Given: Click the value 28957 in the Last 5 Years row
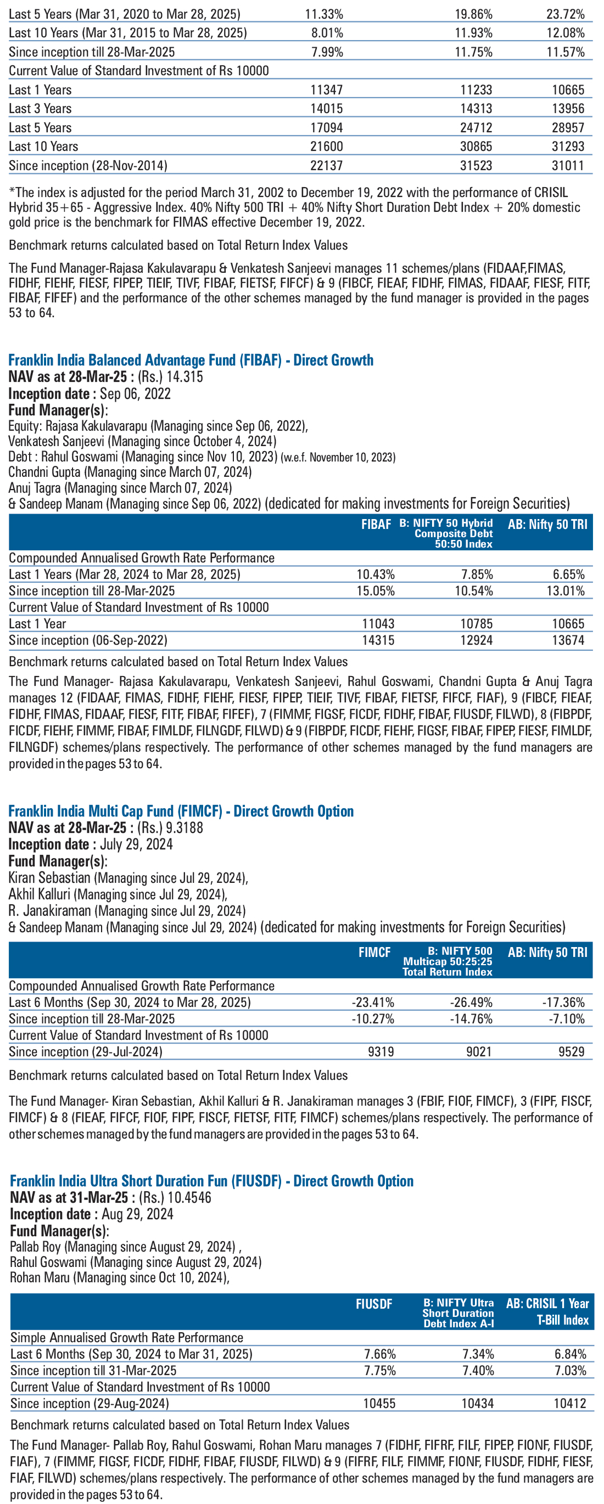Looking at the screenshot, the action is tap(568, 127).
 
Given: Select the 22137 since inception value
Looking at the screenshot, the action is tap(327, 165).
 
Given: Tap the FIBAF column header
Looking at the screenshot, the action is tap(376, 525).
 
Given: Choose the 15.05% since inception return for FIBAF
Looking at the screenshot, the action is tap(376, 591).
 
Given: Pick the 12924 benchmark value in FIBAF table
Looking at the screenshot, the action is tap(476, 640).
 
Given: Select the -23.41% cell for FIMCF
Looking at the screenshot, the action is tap(373, 1002).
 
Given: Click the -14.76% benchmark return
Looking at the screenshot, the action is tap(471, 1019).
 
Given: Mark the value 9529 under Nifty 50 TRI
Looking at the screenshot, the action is tap(571, 1051).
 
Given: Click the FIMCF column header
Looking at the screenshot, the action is tap(374, 952).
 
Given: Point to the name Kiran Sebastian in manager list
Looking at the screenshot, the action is tap(49, 877).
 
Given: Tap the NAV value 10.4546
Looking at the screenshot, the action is tap(189, 1197).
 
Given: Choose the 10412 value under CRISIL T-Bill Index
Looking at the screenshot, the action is tap(569, 1403).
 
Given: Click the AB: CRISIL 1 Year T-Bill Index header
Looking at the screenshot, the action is tap(547, 1311).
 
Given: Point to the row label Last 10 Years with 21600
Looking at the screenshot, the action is tap(43, 147).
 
